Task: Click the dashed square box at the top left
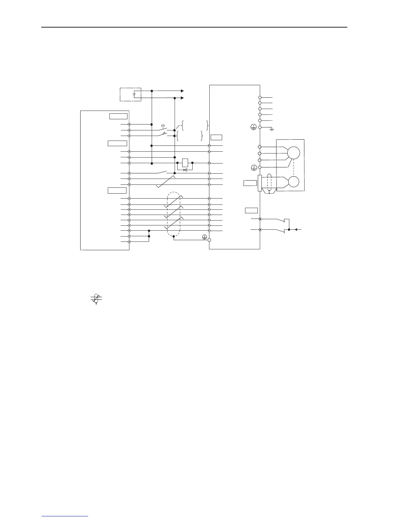(130, 94)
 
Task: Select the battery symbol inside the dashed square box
(134, 94)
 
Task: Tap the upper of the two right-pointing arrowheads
(182, 91)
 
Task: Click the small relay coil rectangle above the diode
(185, 163)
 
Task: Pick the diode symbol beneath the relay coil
(185, 170)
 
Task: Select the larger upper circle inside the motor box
(294, 153)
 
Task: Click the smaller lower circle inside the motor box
(294, 182)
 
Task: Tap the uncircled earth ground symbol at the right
(272, 130)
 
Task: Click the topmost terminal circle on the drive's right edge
(260, 97)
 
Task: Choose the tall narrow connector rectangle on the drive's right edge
(260, 183)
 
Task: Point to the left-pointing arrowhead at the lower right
(296, 230)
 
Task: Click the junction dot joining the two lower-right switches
(289, 230)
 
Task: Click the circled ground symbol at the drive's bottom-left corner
(204, 237)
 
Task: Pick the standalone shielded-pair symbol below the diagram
(96, 298)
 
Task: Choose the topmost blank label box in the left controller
(118, 116)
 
